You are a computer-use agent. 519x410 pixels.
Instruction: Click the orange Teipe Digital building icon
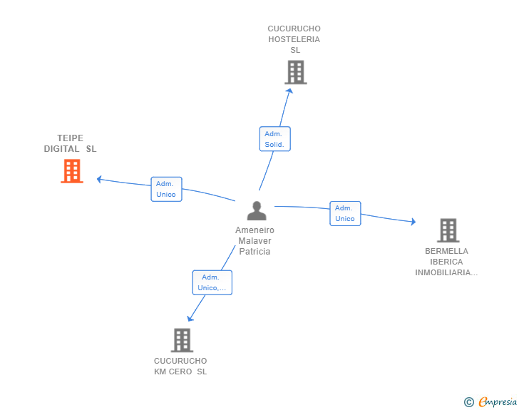[71, 171]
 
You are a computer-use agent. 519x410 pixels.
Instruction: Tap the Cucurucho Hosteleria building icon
[295, 72]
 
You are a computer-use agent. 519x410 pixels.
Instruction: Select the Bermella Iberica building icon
[448, 230]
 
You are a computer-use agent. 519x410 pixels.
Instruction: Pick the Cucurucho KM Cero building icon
[182, 340]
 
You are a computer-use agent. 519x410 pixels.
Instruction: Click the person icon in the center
[256, 210]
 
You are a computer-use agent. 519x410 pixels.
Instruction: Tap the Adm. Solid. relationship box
[274, 139]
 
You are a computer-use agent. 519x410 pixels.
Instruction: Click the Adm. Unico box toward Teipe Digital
[166, 189]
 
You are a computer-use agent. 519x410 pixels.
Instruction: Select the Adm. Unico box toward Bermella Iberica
[345, 213]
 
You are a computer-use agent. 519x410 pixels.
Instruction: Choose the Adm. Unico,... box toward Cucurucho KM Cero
[212, 282]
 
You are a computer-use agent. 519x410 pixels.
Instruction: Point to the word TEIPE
[71, 138]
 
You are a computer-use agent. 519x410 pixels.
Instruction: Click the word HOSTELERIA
[294, 39]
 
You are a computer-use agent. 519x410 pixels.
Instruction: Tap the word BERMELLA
[446, 251]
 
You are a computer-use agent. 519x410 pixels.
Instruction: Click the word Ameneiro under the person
[255, 230]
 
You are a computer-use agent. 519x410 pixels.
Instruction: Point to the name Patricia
[255, 252]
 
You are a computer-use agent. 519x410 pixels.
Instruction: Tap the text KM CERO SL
[180, 371]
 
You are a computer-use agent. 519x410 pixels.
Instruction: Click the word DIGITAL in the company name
[61, 149]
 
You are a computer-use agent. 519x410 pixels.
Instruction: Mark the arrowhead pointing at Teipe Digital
[100, 178]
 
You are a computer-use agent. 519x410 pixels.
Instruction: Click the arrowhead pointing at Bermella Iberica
[412, 222]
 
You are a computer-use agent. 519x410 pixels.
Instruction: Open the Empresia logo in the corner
[497, 402]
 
